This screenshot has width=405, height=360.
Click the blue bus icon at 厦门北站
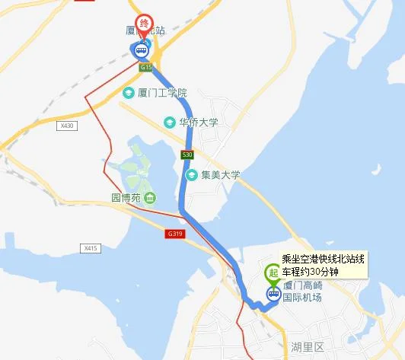[141, 51]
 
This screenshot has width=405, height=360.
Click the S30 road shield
[187, 155]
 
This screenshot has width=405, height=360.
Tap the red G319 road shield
[174, 234]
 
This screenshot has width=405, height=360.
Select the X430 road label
[68, 126]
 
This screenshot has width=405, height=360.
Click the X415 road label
[91, 248]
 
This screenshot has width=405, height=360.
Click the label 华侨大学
[198, 121]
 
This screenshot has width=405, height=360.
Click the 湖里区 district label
[308, 346]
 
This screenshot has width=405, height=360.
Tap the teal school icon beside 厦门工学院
[129, 93]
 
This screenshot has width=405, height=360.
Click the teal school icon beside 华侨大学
[170, 121]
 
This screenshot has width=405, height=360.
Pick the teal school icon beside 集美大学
[193, 175]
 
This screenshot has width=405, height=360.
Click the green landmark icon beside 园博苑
[150, 199]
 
